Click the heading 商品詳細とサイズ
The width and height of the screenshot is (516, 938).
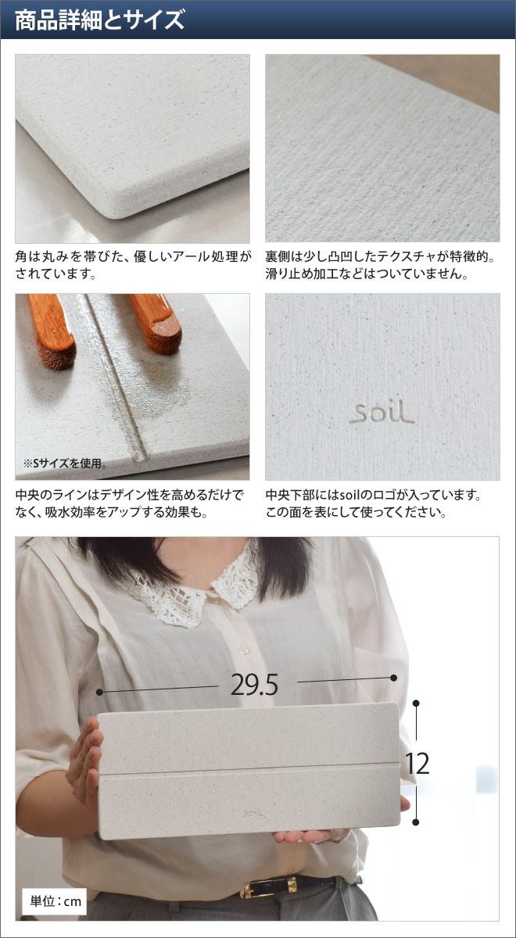pos(100,20)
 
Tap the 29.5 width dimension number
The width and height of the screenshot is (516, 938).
pos(254,685)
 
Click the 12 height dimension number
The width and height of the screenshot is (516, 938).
pos(417,764)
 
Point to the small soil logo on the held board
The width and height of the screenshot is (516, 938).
pos(254,813)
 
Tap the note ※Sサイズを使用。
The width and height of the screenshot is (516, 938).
pos(64,463)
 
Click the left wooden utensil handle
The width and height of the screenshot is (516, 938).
pos(52,331)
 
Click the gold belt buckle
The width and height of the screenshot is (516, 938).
pos(268,887)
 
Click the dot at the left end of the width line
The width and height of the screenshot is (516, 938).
pos(99,693)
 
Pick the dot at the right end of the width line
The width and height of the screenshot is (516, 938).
pos(394,678)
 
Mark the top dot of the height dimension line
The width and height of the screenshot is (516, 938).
pos(416,703)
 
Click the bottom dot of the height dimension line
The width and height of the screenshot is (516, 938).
pos(416,822)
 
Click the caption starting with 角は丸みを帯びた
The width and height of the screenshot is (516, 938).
pos(133,265)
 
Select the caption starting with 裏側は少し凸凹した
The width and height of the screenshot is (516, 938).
pos(380,265)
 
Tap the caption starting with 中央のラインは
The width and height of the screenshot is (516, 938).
pos(129,503)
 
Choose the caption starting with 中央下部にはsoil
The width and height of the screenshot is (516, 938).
pos(373,503)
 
